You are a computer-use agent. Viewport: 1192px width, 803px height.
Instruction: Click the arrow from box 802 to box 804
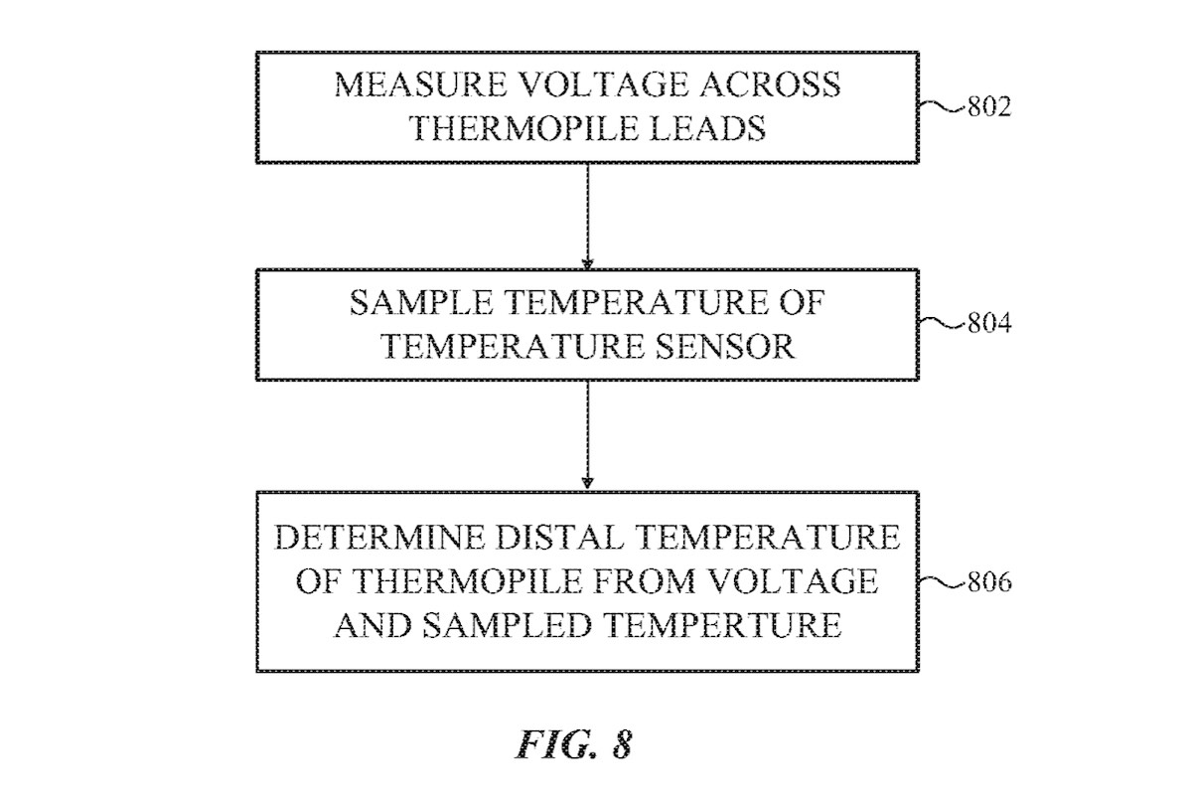(587, 214)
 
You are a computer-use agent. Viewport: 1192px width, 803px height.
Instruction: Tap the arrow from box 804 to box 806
(587, 434)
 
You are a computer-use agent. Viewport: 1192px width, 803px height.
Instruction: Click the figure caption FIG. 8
(573, 744)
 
